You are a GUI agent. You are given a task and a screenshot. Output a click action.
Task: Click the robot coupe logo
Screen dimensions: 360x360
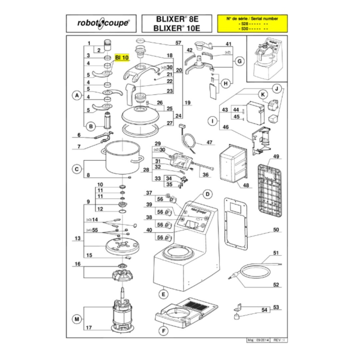click(103, 24)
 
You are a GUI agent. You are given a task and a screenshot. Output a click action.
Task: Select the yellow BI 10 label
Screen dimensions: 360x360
click(122, 57)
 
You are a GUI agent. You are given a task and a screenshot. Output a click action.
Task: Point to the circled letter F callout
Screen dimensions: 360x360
click(162, 331)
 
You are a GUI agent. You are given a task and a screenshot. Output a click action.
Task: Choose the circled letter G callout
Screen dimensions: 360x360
click(240, 61)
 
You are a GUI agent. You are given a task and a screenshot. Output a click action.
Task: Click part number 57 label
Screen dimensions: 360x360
click(178, 43)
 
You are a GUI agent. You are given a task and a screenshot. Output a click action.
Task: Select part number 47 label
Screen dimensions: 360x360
click(209, 142)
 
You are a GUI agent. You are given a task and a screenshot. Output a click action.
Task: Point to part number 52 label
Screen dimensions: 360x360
click(276, 285)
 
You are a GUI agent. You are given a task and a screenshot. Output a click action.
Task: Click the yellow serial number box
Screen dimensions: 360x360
click(252, 24)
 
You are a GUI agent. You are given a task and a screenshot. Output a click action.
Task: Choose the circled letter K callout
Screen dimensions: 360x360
click(261, 94)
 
